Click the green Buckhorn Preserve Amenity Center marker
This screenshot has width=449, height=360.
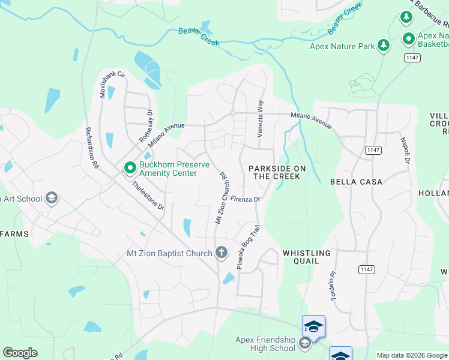click(x=129, y=168)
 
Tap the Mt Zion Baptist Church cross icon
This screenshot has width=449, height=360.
click(x=221, y=252)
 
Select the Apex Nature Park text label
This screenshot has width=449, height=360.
click(x=341, y=46)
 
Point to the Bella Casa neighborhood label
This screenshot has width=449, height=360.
click(x=355, y=181)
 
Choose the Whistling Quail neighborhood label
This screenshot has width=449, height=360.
click(x=306, y=257)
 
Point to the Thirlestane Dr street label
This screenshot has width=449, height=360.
click(x=148, y=196)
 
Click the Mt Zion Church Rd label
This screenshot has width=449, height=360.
click(x=220, y=199)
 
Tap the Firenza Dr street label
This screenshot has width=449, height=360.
click(x=244, y=200)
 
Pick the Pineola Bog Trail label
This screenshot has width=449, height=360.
click(x=249, y=247)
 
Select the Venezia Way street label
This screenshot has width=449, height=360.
click(x=261, y=119)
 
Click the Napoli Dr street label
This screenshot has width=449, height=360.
click(x=405, y=151)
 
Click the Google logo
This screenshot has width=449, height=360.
click(x=20, y=353)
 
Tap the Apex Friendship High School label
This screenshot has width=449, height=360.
click(x=265, y=343)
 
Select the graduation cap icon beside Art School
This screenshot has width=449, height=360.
click(x=52, y=198)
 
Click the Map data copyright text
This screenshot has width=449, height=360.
click(x=411, y=355)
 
